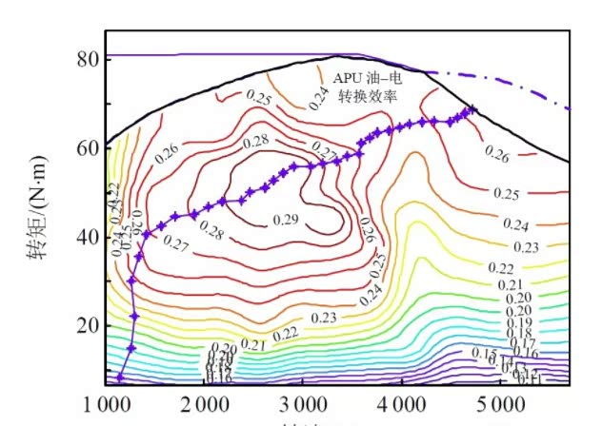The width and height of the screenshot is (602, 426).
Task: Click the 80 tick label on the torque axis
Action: click(87, 58)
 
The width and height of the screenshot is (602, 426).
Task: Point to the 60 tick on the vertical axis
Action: click(87, 147)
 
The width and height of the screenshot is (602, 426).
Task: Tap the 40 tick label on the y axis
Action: click(87, 237)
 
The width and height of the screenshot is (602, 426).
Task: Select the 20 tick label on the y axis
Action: click(87, 325)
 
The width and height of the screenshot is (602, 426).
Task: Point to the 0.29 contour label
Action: click(286, 220)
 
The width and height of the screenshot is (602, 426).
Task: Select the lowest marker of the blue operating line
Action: click(120, 378)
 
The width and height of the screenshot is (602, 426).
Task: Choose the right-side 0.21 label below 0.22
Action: click(511, 284)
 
